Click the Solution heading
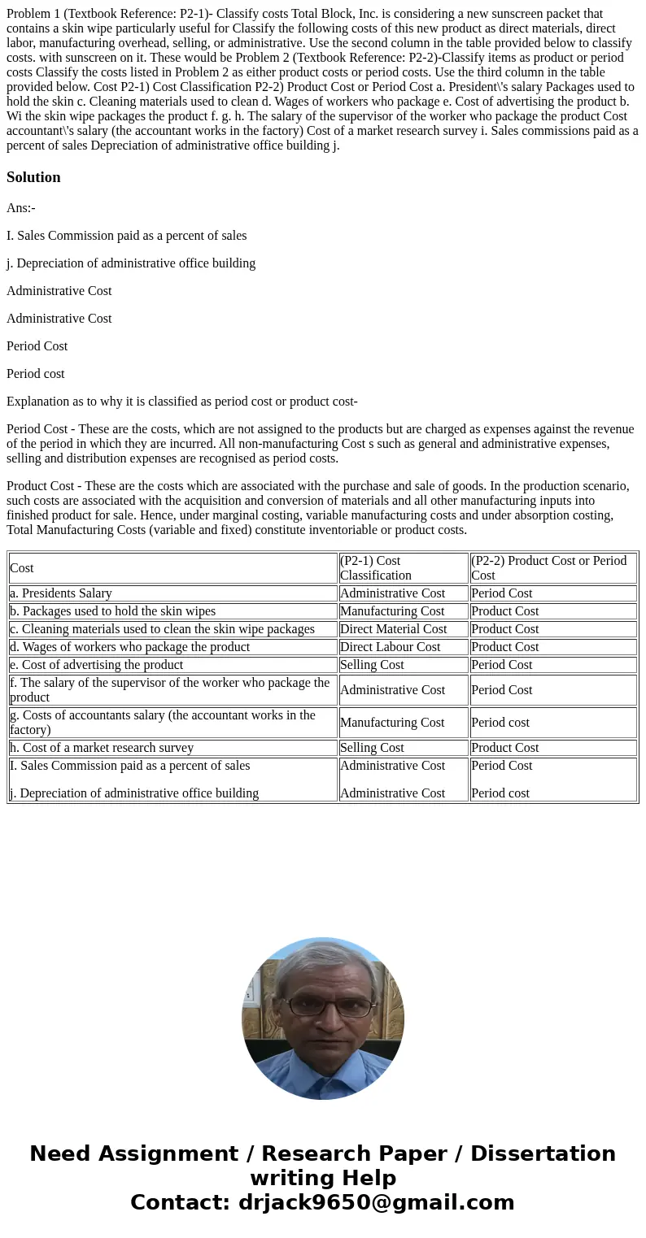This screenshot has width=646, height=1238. (x=33, y=177)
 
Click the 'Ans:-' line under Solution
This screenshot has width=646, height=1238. (x=21, y=208)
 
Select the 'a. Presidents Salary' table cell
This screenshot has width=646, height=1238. (x=61, y=593)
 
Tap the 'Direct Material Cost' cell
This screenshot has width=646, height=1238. (x=393, y=629)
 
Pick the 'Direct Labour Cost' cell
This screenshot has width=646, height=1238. (x=390, y=647)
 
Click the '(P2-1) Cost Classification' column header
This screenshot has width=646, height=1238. (x=403, y=568)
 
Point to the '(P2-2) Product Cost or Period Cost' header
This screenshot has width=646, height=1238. (x=552, y=568)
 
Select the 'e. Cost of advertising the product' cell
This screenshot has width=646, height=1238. (x=96, y=665)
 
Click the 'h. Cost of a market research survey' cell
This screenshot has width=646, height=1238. (x=102, y=748)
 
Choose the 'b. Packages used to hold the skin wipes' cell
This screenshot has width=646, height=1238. (x=112, y=611)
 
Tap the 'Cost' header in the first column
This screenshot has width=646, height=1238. (x=22, y=568)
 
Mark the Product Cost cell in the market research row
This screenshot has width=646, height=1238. (x=504, y=748)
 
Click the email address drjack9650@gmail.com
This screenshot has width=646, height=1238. (x=376, y=1202)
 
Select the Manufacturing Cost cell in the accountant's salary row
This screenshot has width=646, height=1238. (x=392, y=723)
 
